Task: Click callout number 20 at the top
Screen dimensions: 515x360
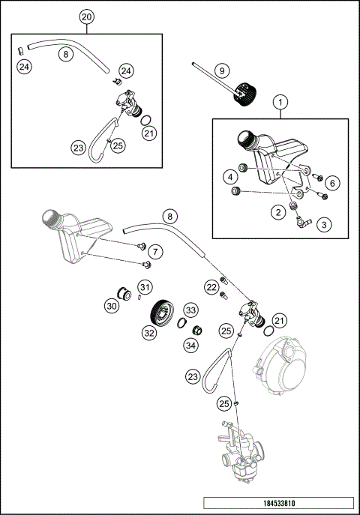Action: tap(87, 16)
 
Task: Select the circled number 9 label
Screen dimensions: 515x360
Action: tap(221, 70)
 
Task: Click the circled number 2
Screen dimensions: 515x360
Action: tap(278, 213)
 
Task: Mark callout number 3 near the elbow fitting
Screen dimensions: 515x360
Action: tap(324, 223)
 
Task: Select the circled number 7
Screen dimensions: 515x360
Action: tap(154, 250)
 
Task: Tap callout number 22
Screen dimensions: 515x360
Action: tap(211, 287)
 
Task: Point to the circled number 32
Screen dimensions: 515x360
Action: tap(149, 332)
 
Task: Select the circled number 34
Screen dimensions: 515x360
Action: tap(190, 346)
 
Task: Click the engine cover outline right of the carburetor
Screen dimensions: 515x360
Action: tap(281, 367)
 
